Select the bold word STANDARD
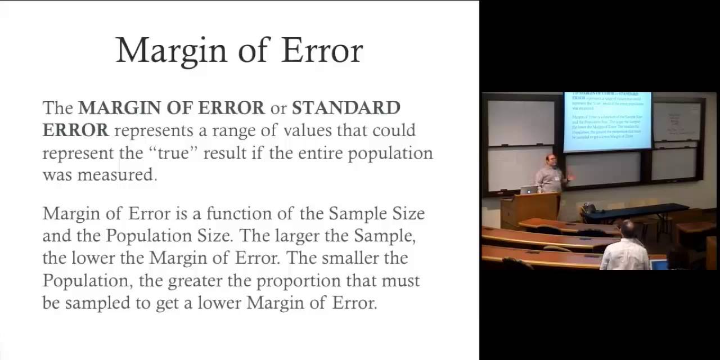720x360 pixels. coord(346,107)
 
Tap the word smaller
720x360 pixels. coord(347,258)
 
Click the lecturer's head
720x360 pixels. coord(551,159)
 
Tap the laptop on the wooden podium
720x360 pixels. coord(528,190)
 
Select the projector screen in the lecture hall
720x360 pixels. coord(607,121)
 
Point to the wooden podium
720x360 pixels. coord(529,209)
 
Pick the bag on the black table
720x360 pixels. coord(589,209)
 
